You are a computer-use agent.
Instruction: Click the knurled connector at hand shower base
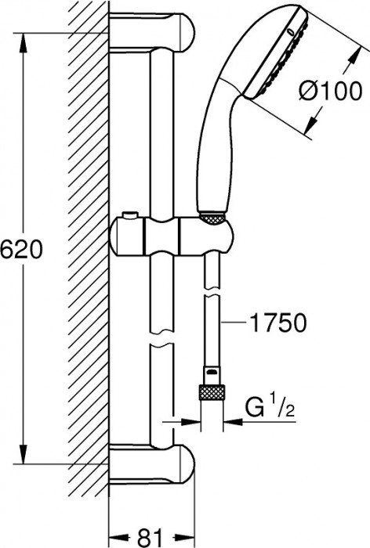212,218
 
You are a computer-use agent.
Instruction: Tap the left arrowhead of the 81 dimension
114,537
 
